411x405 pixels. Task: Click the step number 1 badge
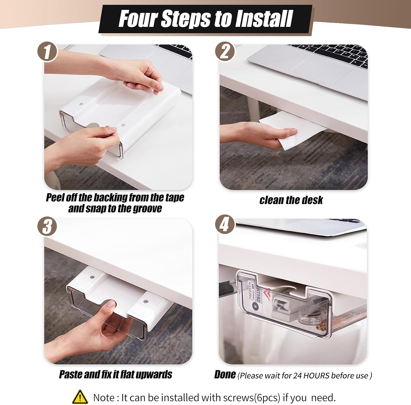[47, 52]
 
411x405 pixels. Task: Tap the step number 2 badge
[225, 51]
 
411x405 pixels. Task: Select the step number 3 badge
[47, 226]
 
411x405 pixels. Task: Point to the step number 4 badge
[225, 225]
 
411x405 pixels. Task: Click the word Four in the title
[138, 19]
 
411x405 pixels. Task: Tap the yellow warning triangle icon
[80, 397]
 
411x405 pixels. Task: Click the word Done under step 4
[225, 374]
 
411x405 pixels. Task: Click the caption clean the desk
[291, 200]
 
